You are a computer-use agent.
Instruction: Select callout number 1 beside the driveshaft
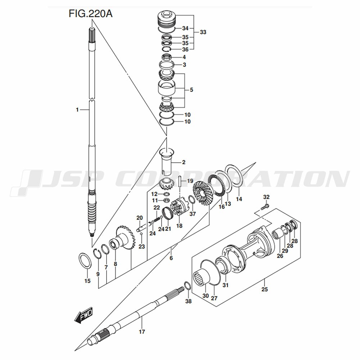coord(77,110)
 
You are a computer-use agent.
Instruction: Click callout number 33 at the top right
coord(203,32)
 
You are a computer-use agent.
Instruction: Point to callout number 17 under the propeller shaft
coord(142,332)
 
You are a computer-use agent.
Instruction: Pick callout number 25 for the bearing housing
coord(265,289)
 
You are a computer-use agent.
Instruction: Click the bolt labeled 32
coord(265,207)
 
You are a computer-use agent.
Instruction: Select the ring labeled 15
coord(84,260)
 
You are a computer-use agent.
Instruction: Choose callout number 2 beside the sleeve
coord(184,163)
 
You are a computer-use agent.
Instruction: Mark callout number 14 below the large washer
coord(239,199)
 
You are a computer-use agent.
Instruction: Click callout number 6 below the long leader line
coord(171,258)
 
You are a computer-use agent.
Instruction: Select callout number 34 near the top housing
coord(185,28)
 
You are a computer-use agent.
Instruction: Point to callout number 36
coord(185,49)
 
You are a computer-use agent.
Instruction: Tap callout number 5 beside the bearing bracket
coord(191,90)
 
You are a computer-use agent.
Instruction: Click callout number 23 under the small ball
coord(141,247)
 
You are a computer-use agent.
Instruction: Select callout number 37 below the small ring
coord(193,214)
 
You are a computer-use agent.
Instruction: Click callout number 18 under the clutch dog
coord(179,226)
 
